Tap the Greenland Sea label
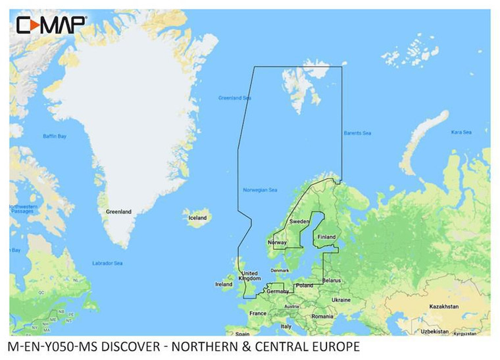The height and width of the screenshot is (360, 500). (235, 98)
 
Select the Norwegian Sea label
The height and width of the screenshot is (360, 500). (260, 191)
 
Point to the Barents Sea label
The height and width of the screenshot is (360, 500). (357, 134)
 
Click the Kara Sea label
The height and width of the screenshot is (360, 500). (461, 132)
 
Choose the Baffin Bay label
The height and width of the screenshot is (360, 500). (55, 136)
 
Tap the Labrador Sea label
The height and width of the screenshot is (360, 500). (108, 263)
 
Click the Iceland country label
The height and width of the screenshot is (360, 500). (197, 218)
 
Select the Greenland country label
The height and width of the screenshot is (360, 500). (118, 212)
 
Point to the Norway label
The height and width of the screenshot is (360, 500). (277, 243)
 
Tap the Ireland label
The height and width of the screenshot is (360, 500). (224, 284)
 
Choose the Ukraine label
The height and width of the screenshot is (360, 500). (341, 300)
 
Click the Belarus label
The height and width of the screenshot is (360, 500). (332, 280)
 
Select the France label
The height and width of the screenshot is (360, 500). (258, 313)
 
